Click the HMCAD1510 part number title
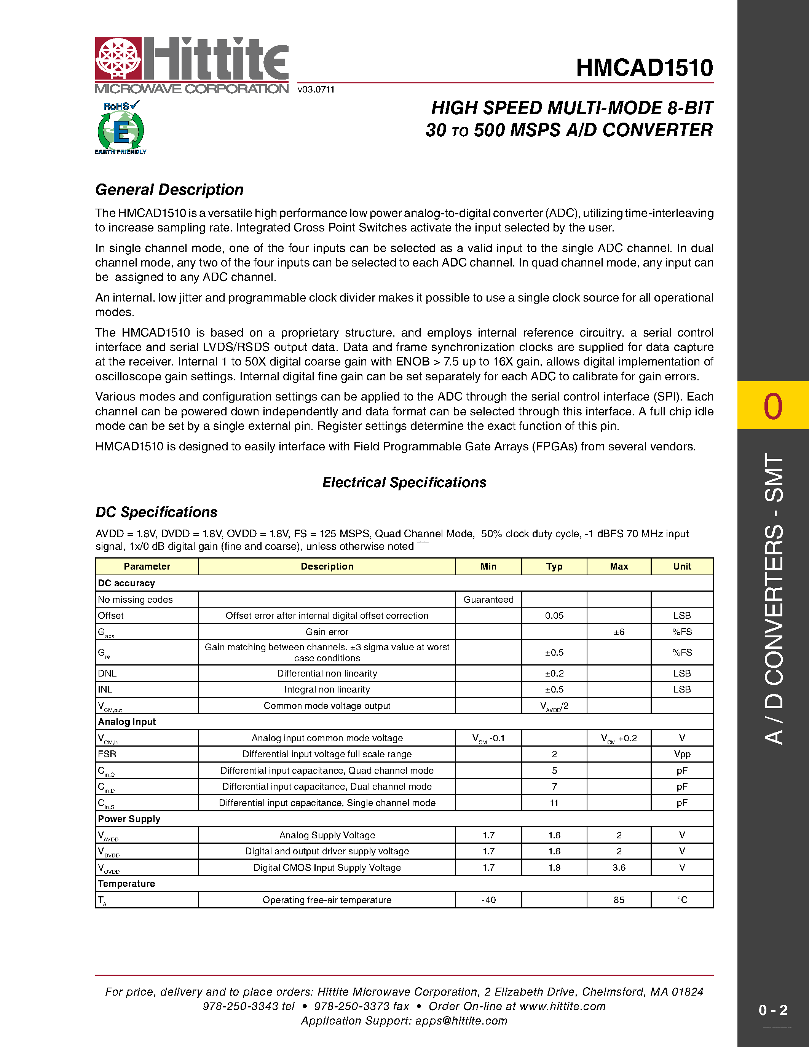(x=644, y=68)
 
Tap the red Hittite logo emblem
(x=118, y=58)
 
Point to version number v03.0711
(x=316, y=89)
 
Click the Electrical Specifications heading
(x=404, y=482)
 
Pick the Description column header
(x=327, y=566)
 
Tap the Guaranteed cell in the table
(x=488, y=599)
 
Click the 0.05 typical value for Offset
(x=554, y=616)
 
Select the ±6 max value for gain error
(x=619, y=632)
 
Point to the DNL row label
(x=107, y=673)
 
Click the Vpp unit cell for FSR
(x=682, y=754)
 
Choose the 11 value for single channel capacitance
(x=554, y=803)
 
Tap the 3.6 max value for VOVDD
(x=619, y=867)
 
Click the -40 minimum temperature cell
(x=488, y=900)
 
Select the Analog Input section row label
(x=127, y=721)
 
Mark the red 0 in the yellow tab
(x=772, y=406)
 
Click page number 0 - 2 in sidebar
(x=772, y=1010)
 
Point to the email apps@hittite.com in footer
(x=461, y=1021)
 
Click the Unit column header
(x=682, y=566)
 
